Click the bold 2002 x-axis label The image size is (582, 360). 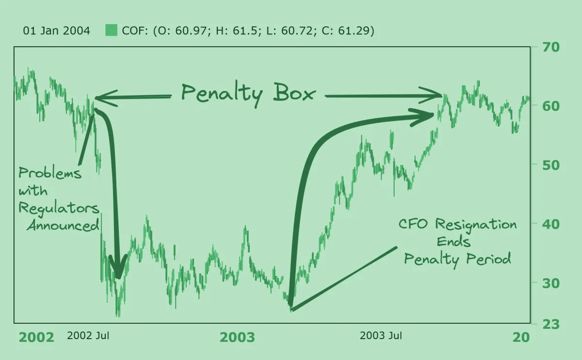36,337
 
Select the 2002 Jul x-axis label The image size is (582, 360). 88,335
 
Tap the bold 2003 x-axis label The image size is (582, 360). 237,337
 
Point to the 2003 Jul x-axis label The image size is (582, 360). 381,335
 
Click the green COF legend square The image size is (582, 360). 112,31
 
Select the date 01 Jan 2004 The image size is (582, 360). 57,31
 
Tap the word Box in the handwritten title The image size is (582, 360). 294,93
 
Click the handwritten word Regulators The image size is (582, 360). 59,209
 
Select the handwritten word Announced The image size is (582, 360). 63,226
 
